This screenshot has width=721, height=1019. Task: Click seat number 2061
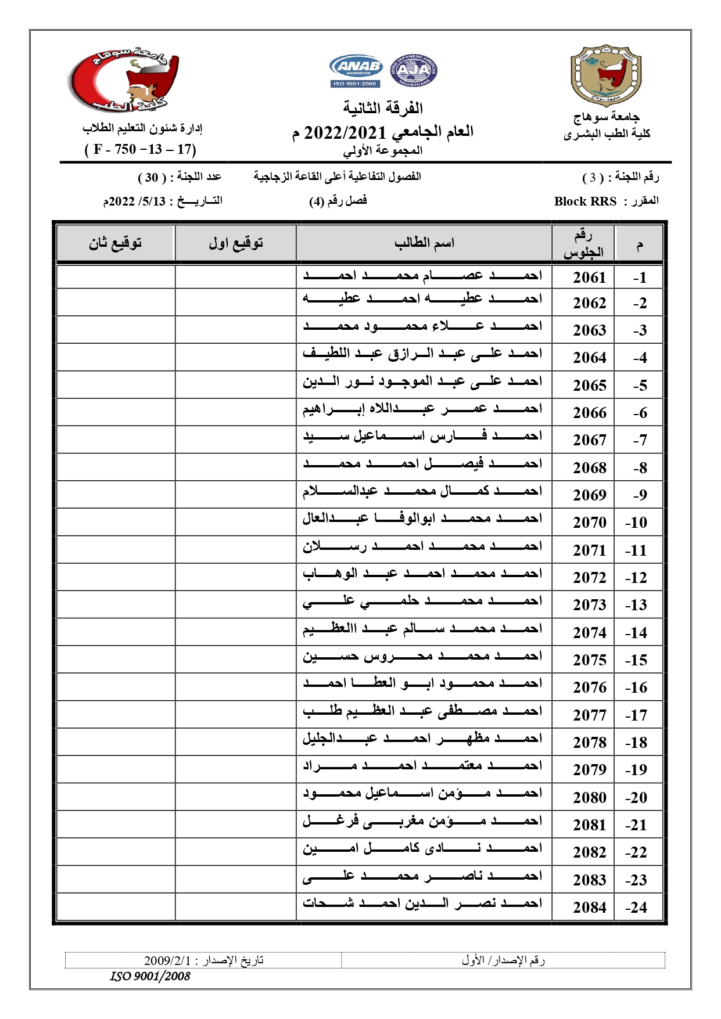point(589,278)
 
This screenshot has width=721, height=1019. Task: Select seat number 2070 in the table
point(589,523)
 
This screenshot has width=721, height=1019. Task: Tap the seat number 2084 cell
point(589,907)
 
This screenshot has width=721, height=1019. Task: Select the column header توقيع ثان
point(115,243)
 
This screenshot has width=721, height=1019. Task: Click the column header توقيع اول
point(235,243)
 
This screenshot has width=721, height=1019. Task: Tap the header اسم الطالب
point(424,243)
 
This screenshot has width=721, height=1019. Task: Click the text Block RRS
point(585,201)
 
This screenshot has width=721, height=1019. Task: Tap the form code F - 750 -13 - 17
point(141,149)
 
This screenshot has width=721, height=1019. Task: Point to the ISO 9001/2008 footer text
point(150,976)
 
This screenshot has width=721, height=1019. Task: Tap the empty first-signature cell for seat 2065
point(235,384)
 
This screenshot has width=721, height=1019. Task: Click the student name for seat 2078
point(422,739)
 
